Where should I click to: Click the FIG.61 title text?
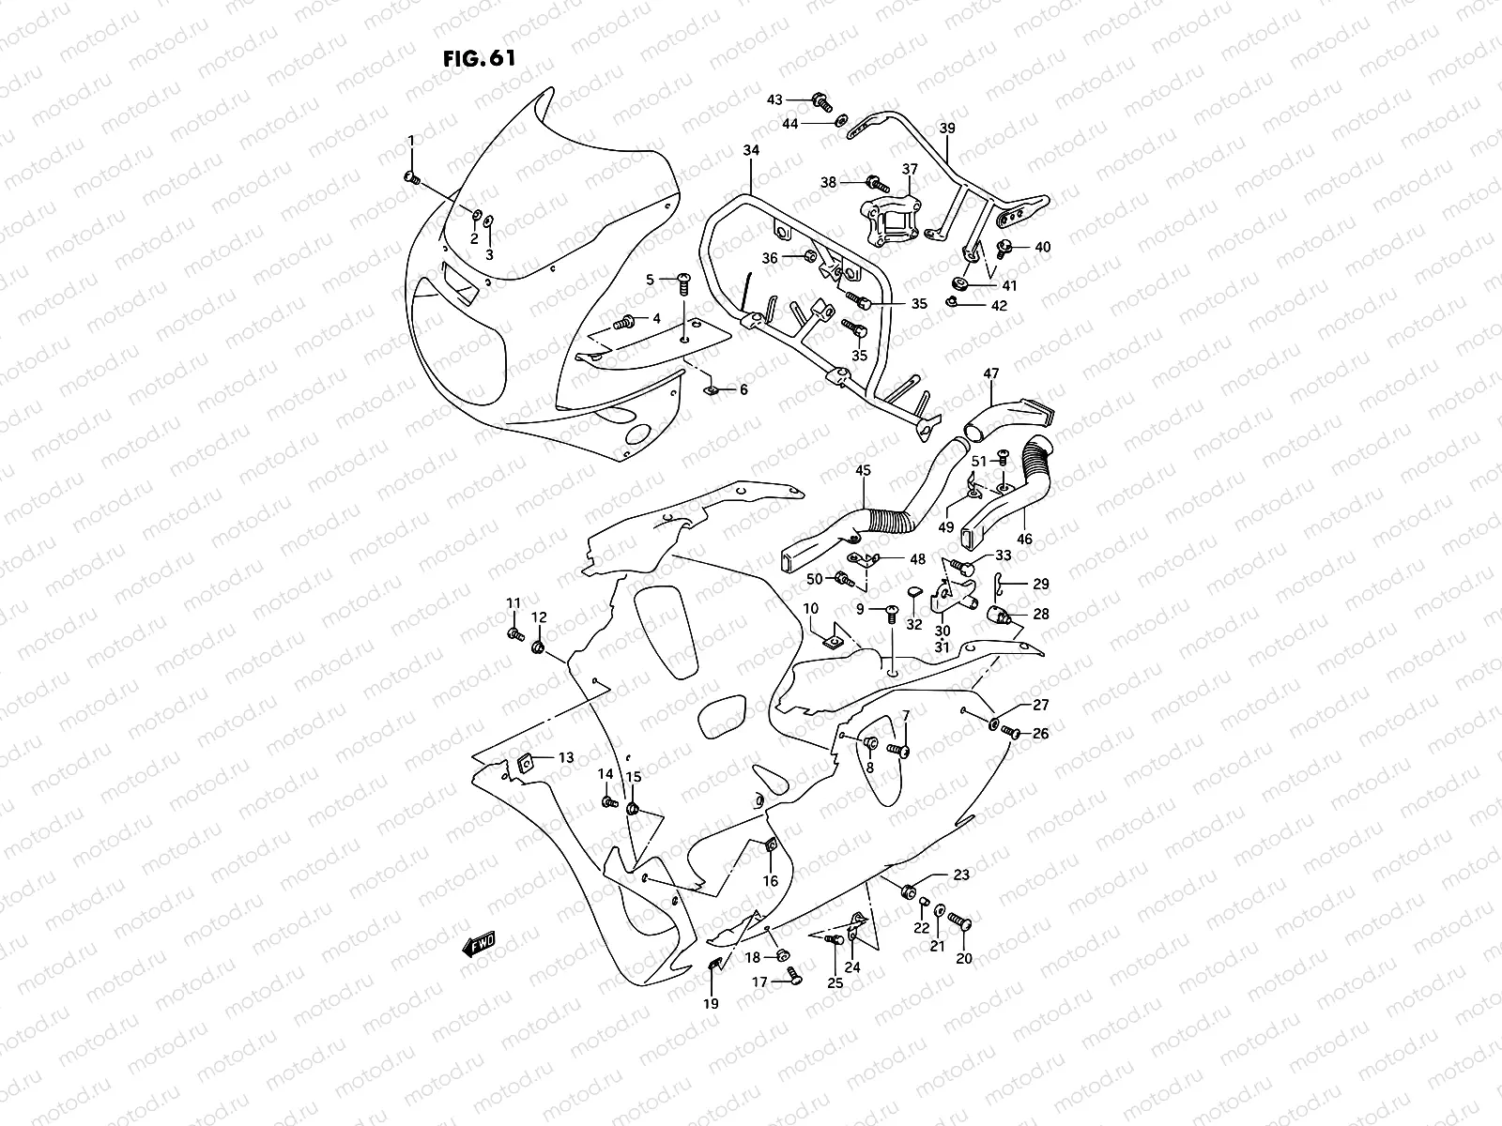point(479,58)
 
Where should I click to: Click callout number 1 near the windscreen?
point(410,141)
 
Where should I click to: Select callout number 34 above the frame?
point(751,150)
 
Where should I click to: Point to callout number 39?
point(947,129)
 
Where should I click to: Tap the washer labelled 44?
point(841,120)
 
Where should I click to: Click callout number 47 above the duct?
point(991,374)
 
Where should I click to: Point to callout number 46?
point(1024,540)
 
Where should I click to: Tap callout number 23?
point(961,875)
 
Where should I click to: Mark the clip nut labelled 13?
point(526,761)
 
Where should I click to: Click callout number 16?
point(770,881)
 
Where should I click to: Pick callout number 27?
point(1040,705)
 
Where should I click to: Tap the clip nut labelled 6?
point(712,388)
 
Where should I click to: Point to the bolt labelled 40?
point(1004,248)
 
